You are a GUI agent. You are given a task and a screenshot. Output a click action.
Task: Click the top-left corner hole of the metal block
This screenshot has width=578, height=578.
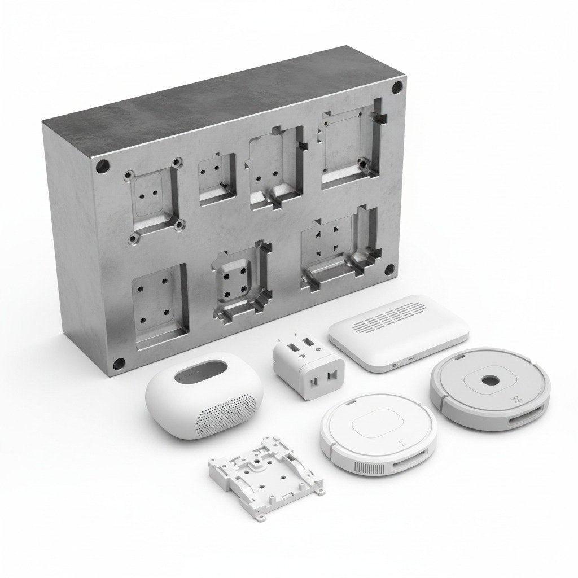[x=103, y=167]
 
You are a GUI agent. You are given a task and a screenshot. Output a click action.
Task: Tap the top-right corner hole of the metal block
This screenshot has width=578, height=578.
[x=397, y=87]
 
